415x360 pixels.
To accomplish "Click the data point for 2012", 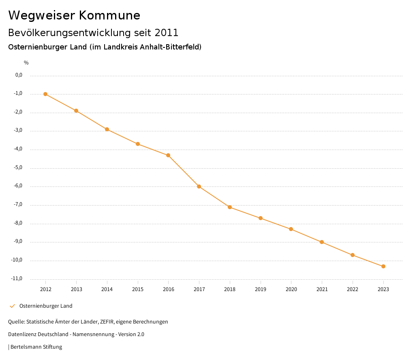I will pos(45,94).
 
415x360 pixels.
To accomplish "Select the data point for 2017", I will pos(199,186).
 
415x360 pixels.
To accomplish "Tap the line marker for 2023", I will pos(383,266).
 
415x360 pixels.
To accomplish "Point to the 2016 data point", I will pos(168,155).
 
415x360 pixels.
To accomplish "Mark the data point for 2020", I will pos(291,229).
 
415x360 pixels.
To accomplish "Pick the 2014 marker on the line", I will pos(107,129).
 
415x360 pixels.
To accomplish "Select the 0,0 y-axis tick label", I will pos(19,75).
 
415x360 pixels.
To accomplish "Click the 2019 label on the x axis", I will pos(261,289).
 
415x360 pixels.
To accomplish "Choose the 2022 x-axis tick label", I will pos(353,289).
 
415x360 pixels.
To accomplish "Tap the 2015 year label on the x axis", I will pos(138,289).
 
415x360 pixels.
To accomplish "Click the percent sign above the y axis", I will pos(26,63).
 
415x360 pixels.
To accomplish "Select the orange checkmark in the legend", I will pos(12,306).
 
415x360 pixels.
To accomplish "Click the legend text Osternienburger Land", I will pos(46,306).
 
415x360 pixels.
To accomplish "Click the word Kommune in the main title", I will pos(109,15).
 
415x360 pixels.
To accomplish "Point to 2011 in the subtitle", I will pos(167,32).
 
